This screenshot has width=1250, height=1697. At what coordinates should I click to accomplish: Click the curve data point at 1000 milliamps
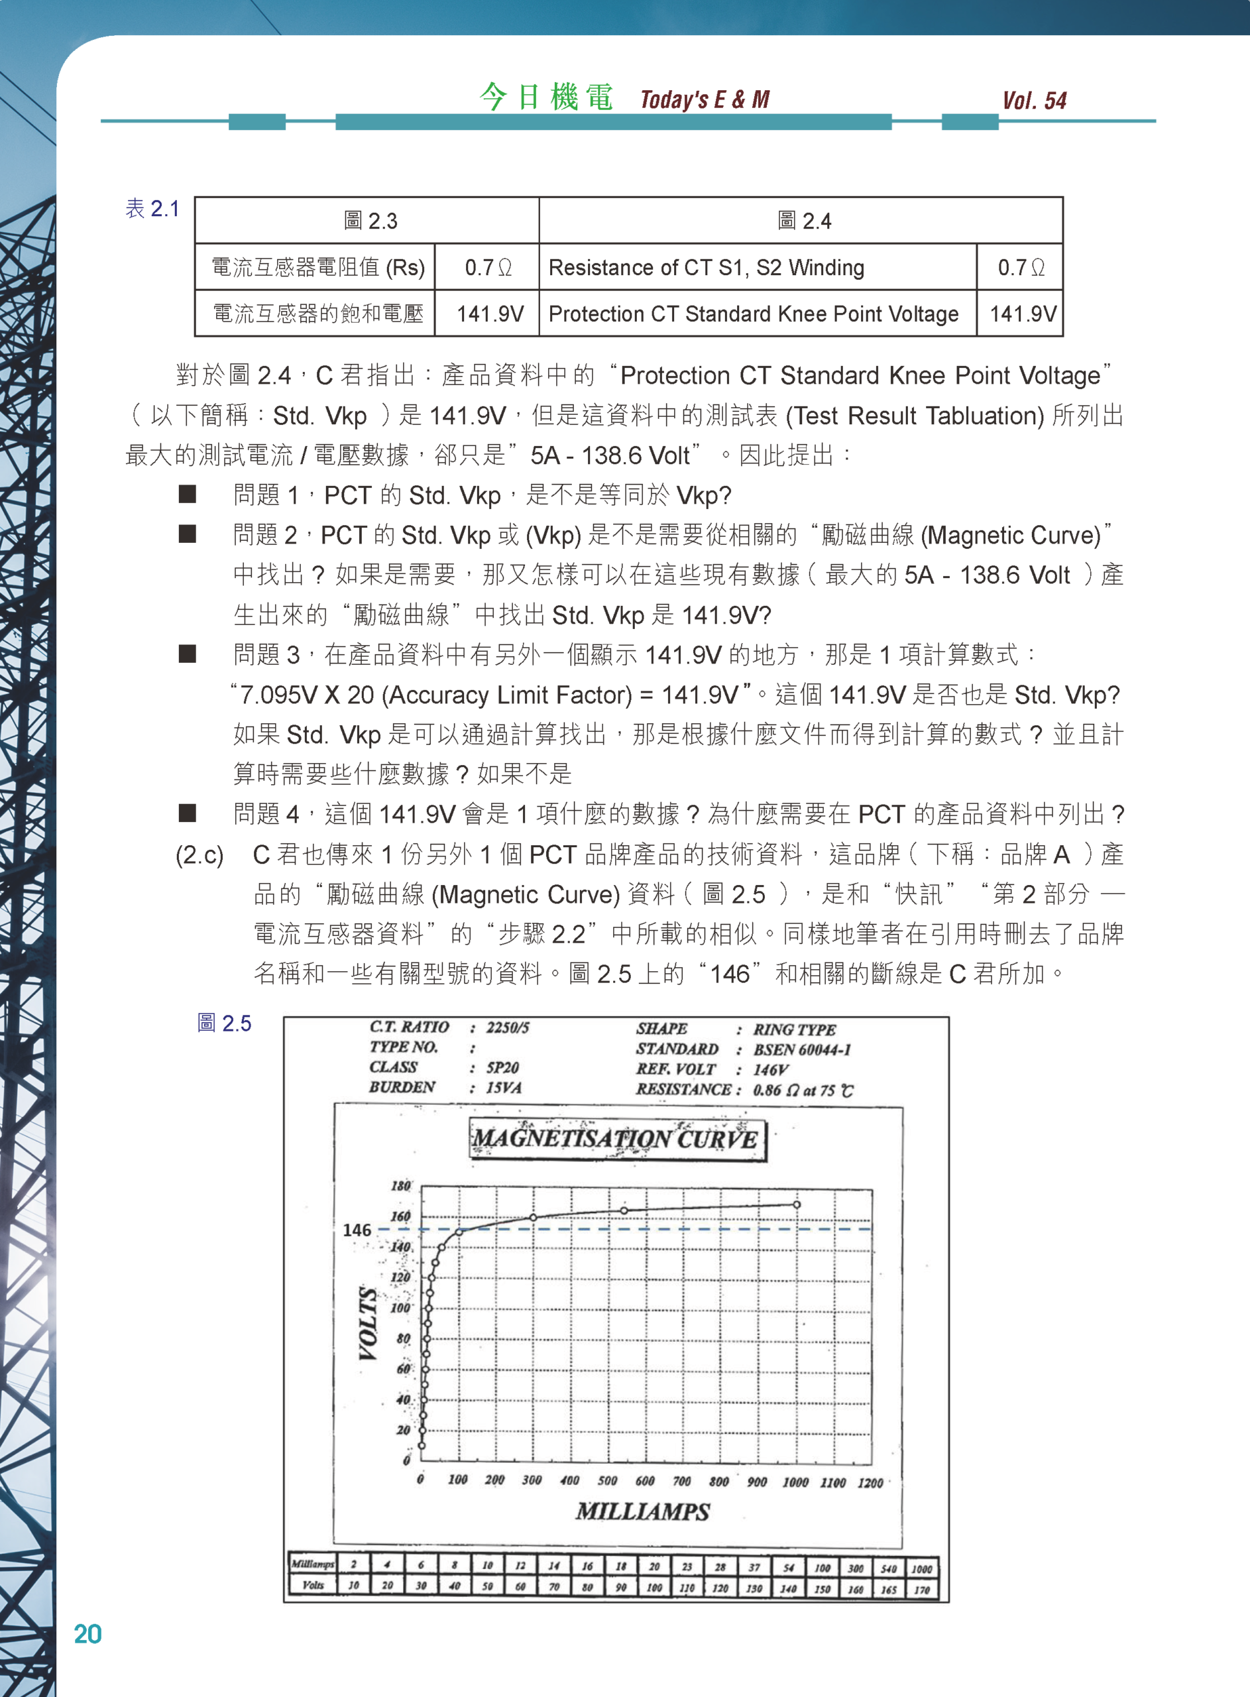797,1204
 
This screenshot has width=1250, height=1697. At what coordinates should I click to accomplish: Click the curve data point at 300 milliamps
533,1217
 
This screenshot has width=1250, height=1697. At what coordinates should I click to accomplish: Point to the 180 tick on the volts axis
400,1185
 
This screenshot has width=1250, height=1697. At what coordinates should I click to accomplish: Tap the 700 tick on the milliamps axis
682,1482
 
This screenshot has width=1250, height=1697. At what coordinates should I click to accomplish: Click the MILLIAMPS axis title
642,1511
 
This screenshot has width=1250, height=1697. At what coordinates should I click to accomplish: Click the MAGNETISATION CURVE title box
616,1140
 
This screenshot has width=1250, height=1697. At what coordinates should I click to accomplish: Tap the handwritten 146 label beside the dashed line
357,1230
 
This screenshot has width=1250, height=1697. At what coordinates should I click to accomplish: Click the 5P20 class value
502,1067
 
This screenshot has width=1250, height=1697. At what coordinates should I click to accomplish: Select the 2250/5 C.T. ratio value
508,1027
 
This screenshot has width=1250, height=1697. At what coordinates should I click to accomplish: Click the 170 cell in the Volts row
922,1589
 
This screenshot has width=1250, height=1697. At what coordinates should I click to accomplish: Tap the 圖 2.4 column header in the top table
803,221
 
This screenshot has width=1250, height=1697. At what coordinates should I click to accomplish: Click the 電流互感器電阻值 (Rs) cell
317,267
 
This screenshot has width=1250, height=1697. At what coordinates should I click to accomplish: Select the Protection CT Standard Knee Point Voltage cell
753,314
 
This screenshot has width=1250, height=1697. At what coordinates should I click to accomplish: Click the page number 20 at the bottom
87,1634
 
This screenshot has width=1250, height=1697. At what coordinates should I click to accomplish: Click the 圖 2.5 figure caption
224,1024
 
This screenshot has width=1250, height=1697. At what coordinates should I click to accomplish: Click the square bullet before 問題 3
187,654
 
